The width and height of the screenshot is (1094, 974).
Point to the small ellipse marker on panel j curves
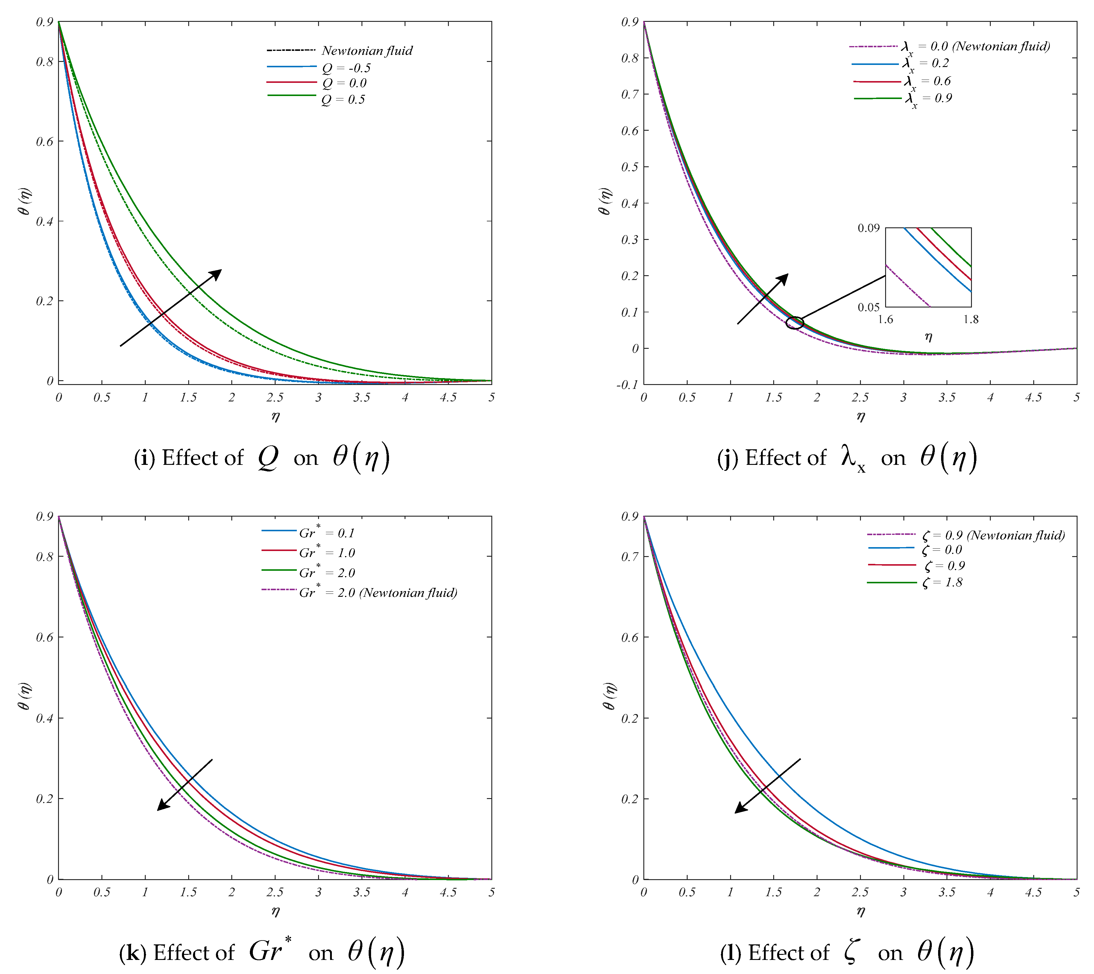(x=795, y=323)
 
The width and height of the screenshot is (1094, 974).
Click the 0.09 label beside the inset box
(x=868, y=229)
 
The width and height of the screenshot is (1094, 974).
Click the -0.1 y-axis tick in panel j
(x=627, y=385)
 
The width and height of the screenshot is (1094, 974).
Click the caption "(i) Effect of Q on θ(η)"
(x=262, y=458)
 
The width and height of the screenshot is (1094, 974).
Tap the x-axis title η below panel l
(x=860, y=911)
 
